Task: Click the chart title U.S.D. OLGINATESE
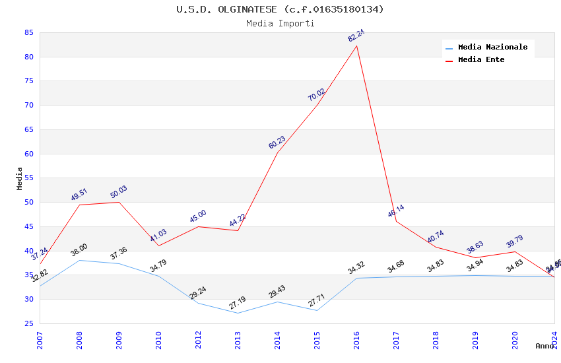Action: pyautogui.click(x=280, y=9)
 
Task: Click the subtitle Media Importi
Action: pyautogui.click(x=280, y=24)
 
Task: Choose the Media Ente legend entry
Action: pyautogui.click(x=481, y=60)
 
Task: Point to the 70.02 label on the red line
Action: pyautogui.click(x=316, y=95)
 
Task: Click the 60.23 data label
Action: pyautogui.click(x=277, y=143)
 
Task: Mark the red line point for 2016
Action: pyautogui.click(x=357, y=46)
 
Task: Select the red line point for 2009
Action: pyautogui.click(x=119, y=202)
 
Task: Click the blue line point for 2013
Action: pyautogui.click(x=238, y=313)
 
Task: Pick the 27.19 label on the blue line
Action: pyautogui.click(x=237, y=304)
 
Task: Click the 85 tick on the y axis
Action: pyautogui.click(x=28, y=32)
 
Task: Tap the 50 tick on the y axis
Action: pyautogui.click(x=28, y=203)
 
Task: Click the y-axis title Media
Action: pyautogui.click(x=20, y=178)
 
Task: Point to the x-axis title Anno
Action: pyautogui.click(x=544, y=346)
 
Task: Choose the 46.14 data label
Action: pyautogui.click(x=396, y=211)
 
